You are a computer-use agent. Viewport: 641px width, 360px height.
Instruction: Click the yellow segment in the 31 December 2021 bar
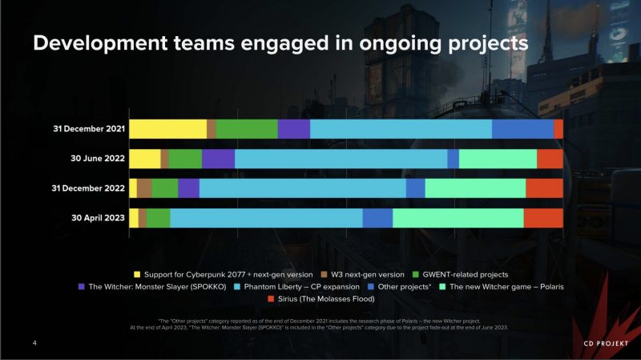click(167, 129)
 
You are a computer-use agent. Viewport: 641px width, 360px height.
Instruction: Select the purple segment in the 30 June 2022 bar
click(218, 159)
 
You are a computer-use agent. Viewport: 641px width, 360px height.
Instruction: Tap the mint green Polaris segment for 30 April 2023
click(458, 218)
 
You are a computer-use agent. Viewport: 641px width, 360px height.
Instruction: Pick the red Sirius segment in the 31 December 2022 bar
click(544, 188)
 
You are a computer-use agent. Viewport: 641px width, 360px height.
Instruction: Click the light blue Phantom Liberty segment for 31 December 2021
click(401, 129)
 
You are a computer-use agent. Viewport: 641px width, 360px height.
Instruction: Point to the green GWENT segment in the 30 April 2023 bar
click(158, 218)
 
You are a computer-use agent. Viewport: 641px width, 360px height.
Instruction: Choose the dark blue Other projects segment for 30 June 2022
click(453, 159)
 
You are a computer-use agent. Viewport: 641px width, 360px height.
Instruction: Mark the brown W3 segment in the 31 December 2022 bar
click(144, 188)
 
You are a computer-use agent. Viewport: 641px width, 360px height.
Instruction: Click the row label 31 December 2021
click(83, 130)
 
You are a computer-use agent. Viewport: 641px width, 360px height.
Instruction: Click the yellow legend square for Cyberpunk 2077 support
click(136, 275)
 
